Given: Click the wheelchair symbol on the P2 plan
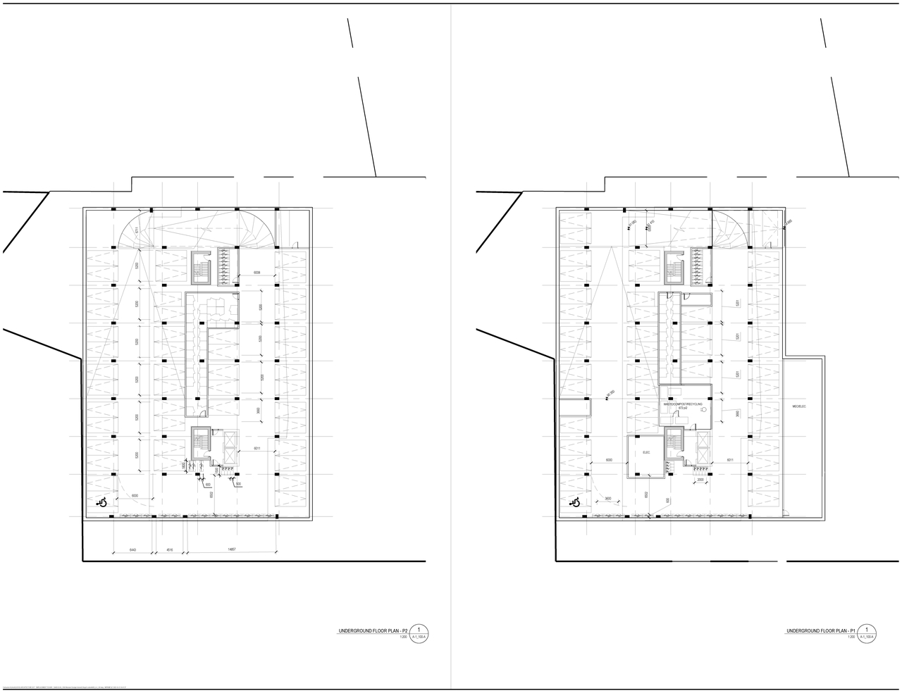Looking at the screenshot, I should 102,503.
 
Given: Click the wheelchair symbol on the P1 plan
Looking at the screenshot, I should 575,503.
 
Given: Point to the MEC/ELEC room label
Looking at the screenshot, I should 798,406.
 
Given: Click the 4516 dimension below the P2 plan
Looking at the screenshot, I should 170,550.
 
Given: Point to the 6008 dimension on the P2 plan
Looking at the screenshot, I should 261,272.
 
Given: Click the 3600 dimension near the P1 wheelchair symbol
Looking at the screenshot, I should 607,499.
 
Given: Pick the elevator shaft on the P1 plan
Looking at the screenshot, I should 703,442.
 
